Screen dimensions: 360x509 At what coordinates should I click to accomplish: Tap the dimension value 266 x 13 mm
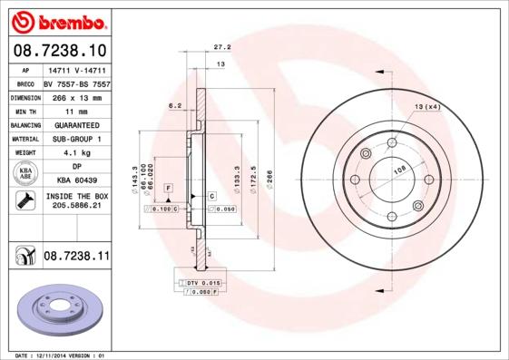click(76, 95)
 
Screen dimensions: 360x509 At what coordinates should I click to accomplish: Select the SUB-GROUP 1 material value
click(76, 138)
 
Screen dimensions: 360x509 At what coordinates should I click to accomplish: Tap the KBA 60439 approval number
click(76, 180)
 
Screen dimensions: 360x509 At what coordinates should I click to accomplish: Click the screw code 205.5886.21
click(76, 207)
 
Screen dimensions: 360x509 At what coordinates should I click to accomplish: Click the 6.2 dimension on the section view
click(175, 107)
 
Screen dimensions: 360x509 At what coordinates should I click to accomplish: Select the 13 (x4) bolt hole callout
click(427, 107)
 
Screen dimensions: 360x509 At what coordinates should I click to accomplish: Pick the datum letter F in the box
click(168, 187)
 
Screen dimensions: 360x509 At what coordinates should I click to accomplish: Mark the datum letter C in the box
click(211, 196)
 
